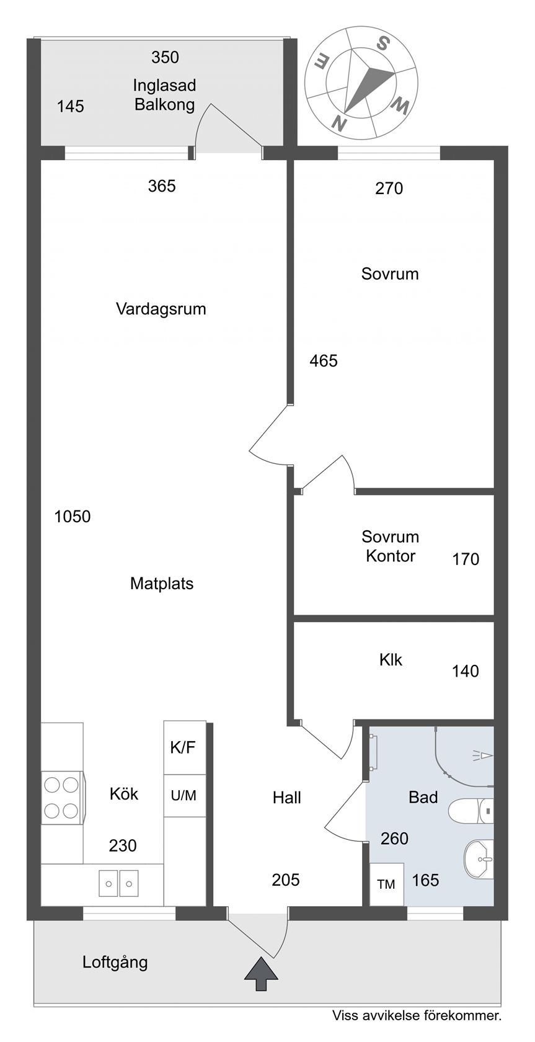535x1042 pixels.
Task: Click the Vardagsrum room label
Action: pos(161,309)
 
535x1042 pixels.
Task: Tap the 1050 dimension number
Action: pos(73,516)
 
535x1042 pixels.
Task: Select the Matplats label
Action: pos(162,583)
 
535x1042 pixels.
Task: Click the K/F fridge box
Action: pos(185,747)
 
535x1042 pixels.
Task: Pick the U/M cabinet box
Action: pos(185,795)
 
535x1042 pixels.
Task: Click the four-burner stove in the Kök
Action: pos(62,798)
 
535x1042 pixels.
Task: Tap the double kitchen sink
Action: pos(118,883)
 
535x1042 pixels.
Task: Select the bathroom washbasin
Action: pos(479,859)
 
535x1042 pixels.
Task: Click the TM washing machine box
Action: pos(386,884)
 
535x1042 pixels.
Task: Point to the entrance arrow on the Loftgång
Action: pos(261,974)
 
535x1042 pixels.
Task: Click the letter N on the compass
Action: pos(340,123)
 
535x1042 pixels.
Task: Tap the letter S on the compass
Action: pos(382,43)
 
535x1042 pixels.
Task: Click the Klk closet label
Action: pos(391,660)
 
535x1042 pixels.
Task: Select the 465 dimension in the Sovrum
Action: pos(324,360)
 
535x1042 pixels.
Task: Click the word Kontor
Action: pos(391,556)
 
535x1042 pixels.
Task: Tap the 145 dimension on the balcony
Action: pos(70,107)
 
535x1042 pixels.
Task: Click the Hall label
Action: pos(287,798)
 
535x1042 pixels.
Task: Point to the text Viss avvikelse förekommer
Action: pos(417,1015)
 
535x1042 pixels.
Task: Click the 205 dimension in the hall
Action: pos(285,879)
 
